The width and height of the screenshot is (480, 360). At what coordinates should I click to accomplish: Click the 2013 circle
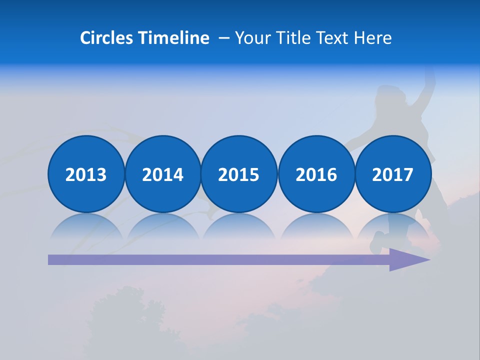coord(86,174)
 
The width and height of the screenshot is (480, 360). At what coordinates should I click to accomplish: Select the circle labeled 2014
coord(163,174)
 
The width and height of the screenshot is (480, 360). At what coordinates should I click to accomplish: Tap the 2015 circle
coord(239,174)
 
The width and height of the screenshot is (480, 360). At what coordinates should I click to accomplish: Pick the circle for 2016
coord(316,174)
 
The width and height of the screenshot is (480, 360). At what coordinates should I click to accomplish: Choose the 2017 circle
coord(393,174)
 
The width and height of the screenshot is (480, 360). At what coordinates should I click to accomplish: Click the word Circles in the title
coord(107,38)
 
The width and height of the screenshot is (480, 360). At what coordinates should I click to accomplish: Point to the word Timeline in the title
coord(174,38)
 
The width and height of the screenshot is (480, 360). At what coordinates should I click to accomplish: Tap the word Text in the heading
coord(334,38)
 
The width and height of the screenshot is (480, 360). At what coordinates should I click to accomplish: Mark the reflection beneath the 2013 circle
coord(86,226)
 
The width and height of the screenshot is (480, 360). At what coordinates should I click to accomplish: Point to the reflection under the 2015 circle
coord(239,226)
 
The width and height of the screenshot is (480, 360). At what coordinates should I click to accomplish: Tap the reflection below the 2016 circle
coord(316,226)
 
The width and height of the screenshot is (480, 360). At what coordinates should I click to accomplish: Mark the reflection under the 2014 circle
coord(163,226)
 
